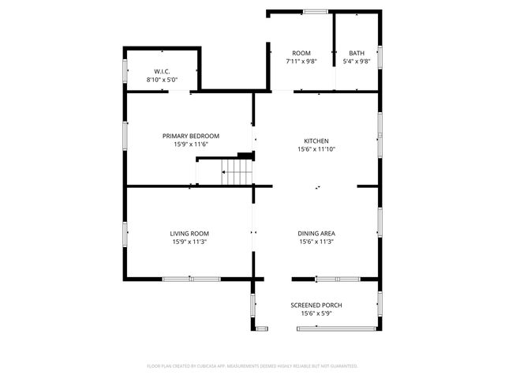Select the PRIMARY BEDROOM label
coord(191,136)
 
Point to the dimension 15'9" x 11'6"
coord(191,144)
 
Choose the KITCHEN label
coord(316,141)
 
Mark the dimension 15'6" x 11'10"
coord(316,149)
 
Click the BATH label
coord(357,53)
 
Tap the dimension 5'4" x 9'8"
coord(357,62)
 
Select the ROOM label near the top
coord(301,53)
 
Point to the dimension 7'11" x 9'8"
coord(301,62)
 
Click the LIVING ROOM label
coord(189,233)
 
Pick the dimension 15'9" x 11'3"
coord(189,242)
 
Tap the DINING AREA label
coord(316,233)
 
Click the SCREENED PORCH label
coord(316,305)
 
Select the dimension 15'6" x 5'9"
coord(316,313)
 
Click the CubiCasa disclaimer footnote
coord(252,366)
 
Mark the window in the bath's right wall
coord(380,57)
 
